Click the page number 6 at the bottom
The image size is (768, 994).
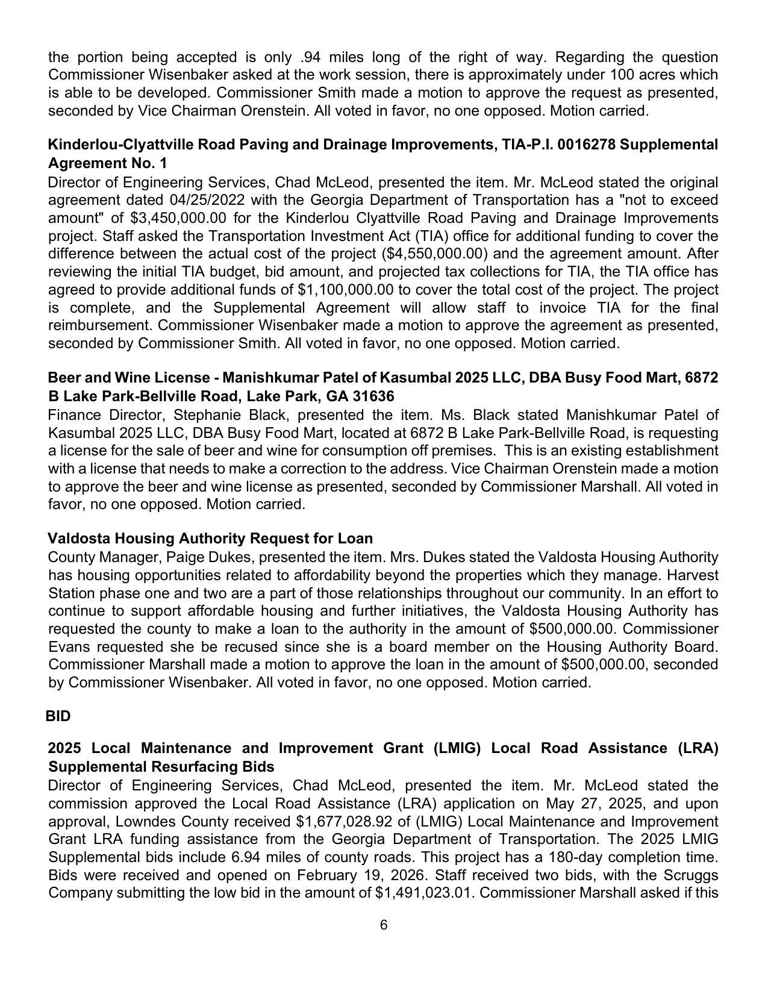(x=384, y=925)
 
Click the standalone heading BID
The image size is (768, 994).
(x=58, y=716)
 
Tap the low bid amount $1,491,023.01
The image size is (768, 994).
(x=424, y=892)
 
